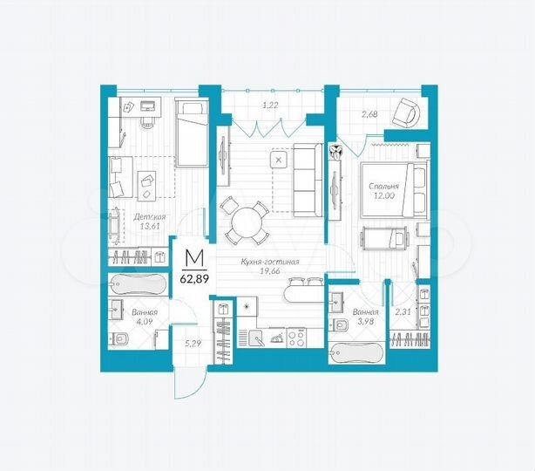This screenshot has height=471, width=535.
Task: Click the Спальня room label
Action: pyautogui.click(x=384, y=186)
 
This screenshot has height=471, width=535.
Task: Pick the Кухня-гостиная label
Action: pyautogui.click(x=270, y=261)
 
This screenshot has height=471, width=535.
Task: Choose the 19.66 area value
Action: pyautogui.click(x=270, y=271)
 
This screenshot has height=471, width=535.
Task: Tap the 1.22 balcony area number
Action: pyautogui.click(x=271, y=106)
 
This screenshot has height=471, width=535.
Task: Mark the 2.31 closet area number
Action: pyautogui.click(x=403, y=311)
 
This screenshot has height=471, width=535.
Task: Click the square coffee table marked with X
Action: pyautogui.click(x=278, y=161)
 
